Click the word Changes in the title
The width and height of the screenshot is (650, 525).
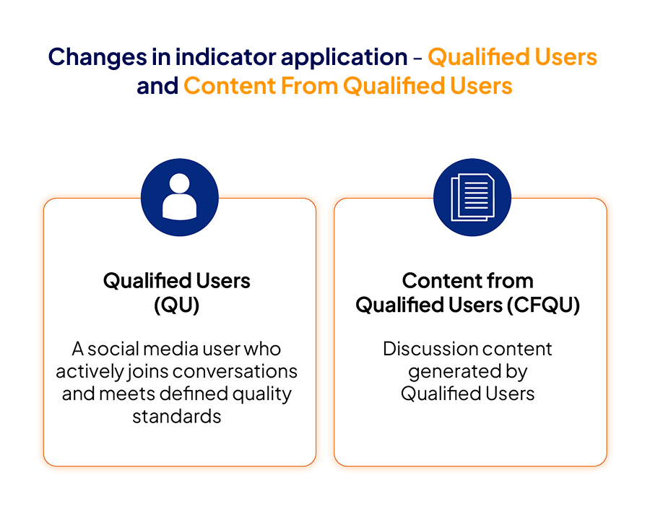[97, 58]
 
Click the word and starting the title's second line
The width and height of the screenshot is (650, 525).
[157, 86]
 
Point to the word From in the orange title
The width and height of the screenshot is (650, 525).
[309, 86]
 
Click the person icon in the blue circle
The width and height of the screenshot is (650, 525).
[180, 196]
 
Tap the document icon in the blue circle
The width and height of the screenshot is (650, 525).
[472, 197]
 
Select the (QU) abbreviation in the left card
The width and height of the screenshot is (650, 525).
[177, 305]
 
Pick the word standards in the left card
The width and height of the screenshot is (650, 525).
[177, 417]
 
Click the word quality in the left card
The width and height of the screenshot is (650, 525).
[262, 394]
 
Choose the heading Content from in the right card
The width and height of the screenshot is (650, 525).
[467, 281]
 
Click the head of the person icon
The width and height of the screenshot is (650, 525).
[180, 183]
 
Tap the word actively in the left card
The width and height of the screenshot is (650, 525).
[90, 372]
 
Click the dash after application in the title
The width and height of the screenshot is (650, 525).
[418, 58]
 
